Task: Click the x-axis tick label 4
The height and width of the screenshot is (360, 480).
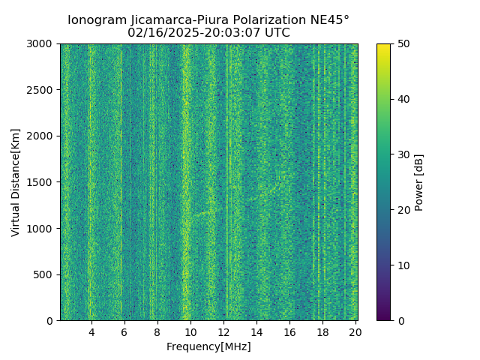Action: click(x=91, y=332)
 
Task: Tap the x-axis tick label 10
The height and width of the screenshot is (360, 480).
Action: click(x=190, y=332)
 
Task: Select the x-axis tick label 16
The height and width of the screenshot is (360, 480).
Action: click(x=289, y=332)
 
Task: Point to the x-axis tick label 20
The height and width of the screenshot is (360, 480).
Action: click(x=355, y=332)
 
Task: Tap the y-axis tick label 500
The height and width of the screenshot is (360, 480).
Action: click(x=46, y=274)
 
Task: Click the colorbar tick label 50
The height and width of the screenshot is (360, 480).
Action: click(x=403, y=44)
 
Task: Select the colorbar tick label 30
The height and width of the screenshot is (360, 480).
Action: click(x=403, y=154)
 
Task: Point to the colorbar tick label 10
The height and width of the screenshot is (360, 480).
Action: click(x=403, y=265)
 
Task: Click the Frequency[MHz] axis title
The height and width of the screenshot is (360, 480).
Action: click(x=208, y=346)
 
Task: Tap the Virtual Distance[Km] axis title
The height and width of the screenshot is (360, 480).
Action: click(x=16, y=182)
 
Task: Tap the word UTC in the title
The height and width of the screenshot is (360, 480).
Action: click(x=276, y=33)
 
